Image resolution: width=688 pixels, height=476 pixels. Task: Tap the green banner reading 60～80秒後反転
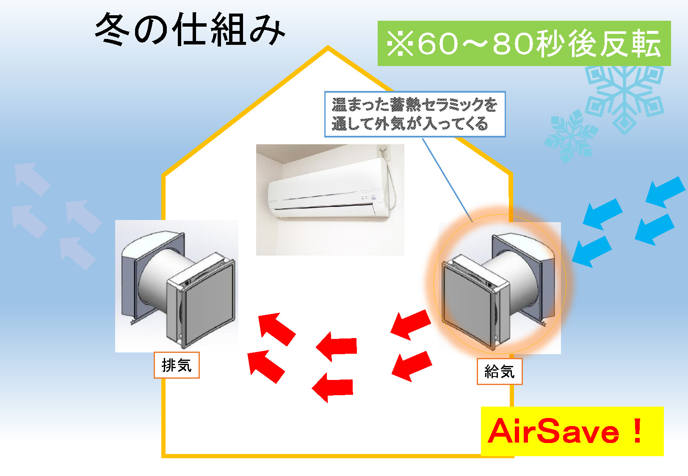point(524,44)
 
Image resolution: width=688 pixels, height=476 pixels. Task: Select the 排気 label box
point(176,365)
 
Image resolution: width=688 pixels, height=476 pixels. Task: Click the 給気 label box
point(499,371)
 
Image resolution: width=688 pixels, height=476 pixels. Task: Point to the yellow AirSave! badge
point(572,431)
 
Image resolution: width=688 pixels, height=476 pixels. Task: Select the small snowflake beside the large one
point(569,135)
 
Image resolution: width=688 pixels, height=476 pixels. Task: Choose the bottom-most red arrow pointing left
point(333,387)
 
